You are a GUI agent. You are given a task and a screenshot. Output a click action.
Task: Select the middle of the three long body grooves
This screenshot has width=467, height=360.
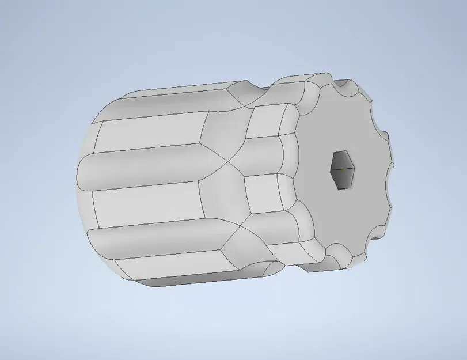(x=144, y=167)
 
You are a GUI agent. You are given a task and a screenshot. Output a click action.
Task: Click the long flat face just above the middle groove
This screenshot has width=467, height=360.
(x=150, y=134)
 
